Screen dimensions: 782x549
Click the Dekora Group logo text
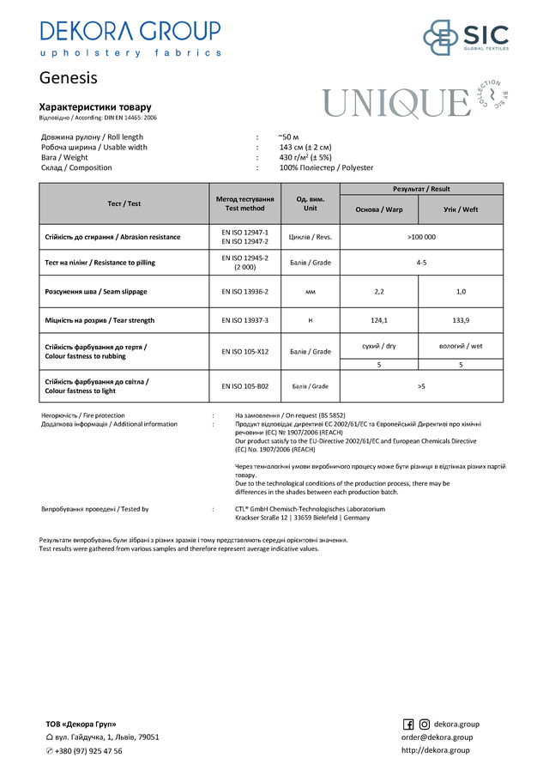tap(130, 32)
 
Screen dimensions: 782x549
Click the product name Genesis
tap(69, 78)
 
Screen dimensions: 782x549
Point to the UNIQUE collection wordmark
tap(395, 104)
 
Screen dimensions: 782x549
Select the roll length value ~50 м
tap(289, 137)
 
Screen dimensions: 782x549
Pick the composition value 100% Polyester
tap(327, 168)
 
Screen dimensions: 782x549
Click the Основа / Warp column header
tap(379, 209)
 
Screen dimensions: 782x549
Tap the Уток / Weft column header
tap(461, 209)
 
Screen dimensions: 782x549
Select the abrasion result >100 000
tap(421, 237)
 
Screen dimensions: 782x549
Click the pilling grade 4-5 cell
tap(421, 262)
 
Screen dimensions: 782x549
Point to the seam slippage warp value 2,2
tap(379, 292)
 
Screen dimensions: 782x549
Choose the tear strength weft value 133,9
tap(461, 320)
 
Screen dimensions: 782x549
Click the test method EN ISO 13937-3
tap(245, 320)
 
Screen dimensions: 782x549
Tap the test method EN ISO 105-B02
tap(245, 386)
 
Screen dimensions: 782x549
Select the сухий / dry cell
tap(379, 346)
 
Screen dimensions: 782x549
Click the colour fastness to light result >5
tap(421, 386)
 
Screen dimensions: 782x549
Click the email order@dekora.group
tap(437, 737)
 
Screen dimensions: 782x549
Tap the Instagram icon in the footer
tap(424, 724)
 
